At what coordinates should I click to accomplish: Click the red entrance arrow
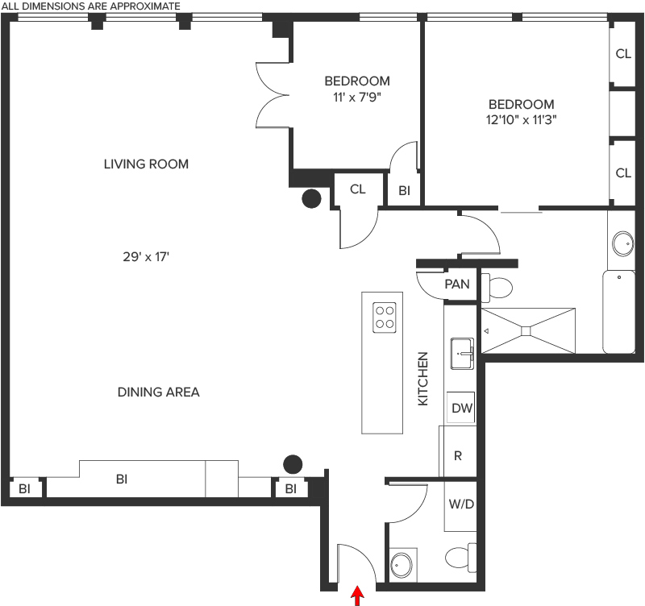pos(357,596)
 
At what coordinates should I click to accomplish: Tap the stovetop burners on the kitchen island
pos(385,318)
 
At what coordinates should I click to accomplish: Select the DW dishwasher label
pos(462,409)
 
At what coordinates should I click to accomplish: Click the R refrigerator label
pos(458,455)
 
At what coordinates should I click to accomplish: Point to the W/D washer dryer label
pos(461,504)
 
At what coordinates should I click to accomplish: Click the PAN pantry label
pos(457,284)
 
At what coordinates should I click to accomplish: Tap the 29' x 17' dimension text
pos(146,257)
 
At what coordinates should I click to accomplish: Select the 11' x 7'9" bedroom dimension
pos(357,98)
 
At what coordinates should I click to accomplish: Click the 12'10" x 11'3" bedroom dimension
pos(521,119)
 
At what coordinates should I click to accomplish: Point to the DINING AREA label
pos(158,392)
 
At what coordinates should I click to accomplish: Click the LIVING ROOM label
pos(146,164)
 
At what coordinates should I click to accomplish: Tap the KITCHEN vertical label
pos(422,379)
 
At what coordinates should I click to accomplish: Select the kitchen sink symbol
pos(462,354)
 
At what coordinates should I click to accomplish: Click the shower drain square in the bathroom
pos(526,331)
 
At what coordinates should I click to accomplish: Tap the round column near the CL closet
pos(311,198)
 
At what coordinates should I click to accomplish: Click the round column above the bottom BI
pos(293,464)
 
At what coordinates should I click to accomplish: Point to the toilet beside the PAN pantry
pos(497,286)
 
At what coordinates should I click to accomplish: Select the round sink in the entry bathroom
pos(401,565)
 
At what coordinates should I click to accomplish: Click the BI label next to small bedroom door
pos(404,191)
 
